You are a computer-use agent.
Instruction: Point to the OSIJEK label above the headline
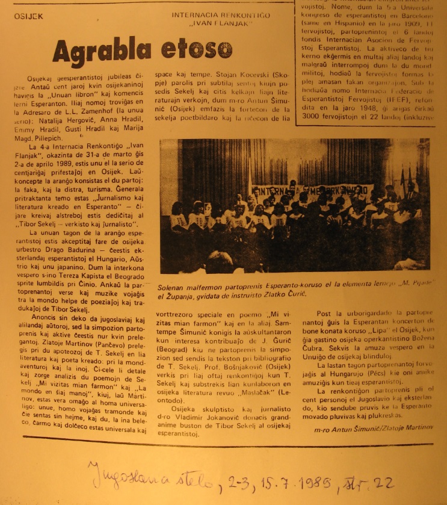(29, 16)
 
